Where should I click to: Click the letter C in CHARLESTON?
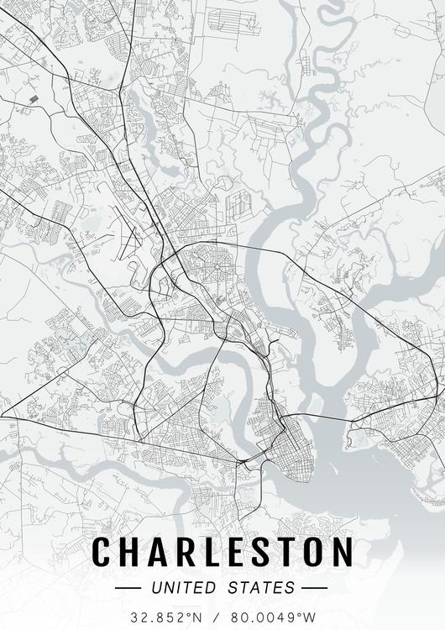(x=102, y=552)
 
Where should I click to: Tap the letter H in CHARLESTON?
(x=130, y=552)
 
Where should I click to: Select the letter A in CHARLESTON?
(x=157, y=552)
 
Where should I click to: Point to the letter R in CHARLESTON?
(x=184, y=552)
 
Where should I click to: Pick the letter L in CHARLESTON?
(x=210, y=552)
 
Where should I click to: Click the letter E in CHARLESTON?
(x=234, y=552)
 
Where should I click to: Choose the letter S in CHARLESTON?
(x=259, y=552)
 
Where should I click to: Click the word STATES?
(x=260, y=586)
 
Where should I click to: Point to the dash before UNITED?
(x=131, y=586)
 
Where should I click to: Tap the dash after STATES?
(x=313, y=586)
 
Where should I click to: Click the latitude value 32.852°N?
(x=166, y=617)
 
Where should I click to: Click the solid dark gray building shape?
(x=34, y=99)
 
